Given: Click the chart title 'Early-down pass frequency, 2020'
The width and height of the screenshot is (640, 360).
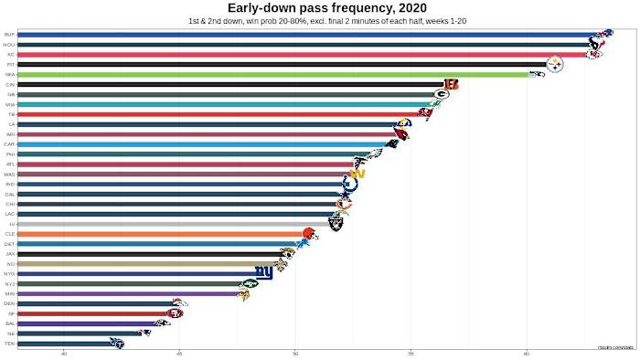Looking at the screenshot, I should [x=320, y=7].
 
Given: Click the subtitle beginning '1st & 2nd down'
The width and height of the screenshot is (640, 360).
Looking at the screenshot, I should [x=320, y=20].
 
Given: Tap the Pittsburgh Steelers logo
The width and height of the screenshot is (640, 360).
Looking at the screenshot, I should [x=554, y=64].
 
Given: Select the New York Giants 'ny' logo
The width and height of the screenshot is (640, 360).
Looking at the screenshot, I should [x=263, y=272].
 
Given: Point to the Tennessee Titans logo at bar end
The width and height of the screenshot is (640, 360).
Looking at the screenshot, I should [x=116, y=344].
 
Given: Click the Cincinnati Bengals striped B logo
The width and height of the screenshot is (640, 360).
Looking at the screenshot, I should [x=451, y=84].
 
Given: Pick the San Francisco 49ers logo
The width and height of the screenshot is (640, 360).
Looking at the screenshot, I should [x=174, y=313].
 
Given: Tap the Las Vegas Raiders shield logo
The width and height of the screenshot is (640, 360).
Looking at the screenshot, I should [x=336, y=222].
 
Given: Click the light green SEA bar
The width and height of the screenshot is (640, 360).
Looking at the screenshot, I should [x=274, y=74].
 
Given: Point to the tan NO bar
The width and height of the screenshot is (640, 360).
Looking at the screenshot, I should [x=146, y=263].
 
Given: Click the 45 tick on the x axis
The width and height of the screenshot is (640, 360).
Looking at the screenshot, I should [x=179, y=353].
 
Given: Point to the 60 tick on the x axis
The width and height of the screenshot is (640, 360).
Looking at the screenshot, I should [x=527, y=353].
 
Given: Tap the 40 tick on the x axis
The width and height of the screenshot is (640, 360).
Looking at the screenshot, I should [x=64, y=353].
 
